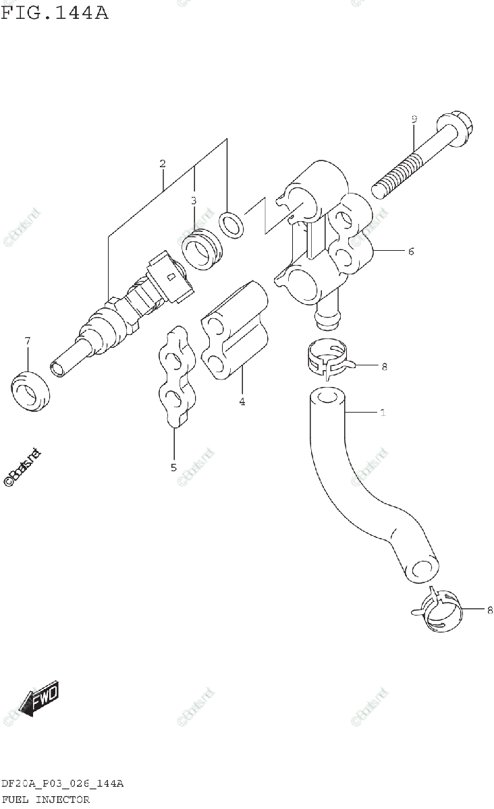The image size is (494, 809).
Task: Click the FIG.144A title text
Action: click(55, 11)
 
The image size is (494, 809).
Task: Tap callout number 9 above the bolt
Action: click(414, 119)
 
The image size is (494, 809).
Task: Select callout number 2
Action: click(162, 164)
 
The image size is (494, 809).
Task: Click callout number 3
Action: click(193, 200)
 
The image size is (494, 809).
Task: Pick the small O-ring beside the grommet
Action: click(231, 224)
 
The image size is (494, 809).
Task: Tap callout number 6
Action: click(410, 251)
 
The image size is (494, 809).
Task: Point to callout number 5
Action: click(173, 467)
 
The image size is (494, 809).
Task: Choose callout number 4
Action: click(242, 402)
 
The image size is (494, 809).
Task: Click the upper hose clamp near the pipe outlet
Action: click(325, 356)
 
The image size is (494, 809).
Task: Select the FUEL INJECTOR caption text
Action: click(45, 800)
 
